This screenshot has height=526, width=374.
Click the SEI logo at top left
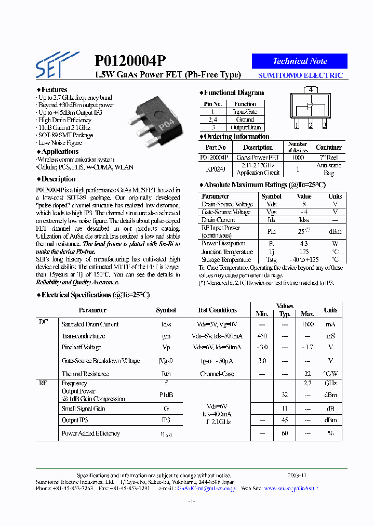pos(56,64)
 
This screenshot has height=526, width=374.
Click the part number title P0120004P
pos(130,61)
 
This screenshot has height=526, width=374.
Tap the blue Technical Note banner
pos(300,61)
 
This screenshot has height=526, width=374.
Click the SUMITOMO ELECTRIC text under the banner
pos(301,75)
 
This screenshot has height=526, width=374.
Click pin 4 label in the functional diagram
pos(310,89)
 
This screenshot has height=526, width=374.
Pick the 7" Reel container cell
pos(328,157)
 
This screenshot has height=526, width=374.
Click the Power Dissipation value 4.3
pos(304,243)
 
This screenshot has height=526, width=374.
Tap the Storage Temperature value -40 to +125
pos(304,260)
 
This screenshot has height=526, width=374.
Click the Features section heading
pos(54,89)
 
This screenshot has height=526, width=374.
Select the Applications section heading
pos(59,152)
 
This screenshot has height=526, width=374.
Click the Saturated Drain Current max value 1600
pos(308,324)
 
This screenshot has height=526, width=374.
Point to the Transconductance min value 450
pos(262,336)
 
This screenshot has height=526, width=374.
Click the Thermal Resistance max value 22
pos(308,374)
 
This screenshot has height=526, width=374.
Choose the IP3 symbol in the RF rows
pos(166,420)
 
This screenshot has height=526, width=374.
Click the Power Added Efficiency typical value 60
pos(285,433)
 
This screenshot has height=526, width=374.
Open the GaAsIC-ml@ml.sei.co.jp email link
pos(206,489)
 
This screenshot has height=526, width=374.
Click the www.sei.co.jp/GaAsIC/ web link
pos(291,489)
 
